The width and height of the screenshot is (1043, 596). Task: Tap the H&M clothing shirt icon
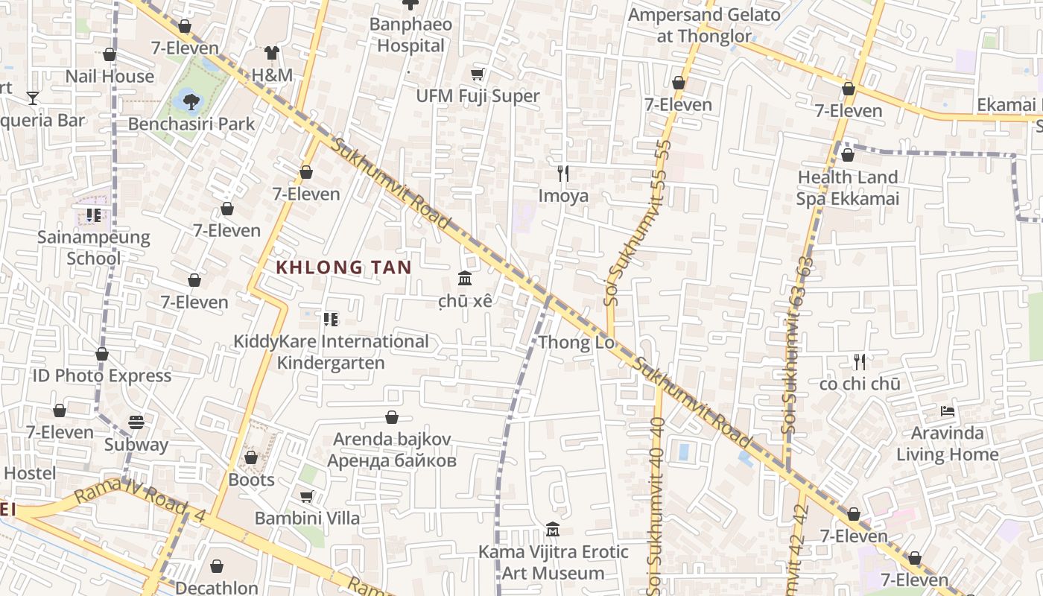[272, 53]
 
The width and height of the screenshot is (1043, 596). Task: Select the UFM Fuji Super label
[478, 96]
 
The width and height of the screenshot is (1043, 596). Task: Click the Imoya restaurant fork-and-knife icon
[563, 174]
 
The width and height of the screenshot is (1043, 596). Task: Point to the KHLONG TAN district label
[343, 267]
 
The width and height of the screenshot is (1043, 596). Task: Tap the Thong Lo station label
[576, 343]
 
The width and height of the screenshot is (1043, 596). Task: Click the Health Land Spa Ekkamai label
[847, 188]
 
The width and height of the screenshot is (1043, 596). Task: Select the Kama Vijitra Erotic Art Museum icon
[553, 530]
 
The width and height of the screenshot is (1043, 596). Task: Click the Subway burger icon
[136, 422]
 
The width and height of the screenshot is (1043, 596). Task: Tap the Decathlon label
[216, 588]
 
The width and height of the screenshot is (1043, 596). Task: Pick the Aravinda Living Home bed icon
[947, 410]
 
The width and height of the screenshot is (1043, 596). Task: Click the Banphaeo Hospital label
[410, 35]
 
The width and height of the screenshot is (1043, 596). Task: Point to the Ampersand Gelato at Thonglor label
[704, 25]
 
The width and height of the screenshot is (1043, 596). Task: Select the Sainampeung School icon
[93, 215]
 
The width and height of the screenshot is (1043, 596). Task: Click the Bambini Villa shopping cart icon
[306, 496]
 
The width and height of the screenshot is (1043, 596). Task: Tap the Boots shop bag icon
[251, 457]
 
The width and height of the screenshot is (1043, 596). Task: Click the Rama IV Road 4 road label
[140, 504]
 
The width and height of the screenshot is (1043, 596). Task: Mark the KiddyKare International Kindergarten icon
[331, 320]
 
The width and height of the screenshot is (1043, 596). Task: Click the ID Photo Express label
[101, 375]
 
